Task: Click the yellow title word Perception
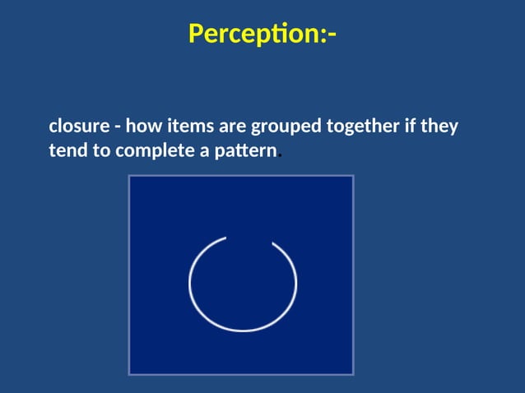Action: (255, 34)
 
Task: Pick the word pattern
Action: (244, 152)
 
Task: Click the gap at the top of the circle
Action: (249, 238)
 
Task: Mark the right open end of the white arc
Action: (273, 243)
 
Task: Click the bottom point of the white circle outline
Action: (243, 331)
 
